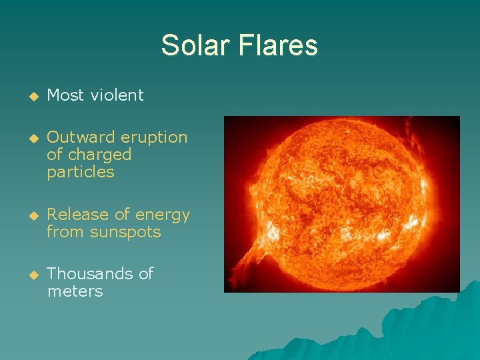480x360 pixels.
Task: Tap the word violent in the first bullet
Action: click(x=117, y=95)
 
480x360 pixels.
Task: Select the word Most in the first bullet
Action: click(x=66, y=95)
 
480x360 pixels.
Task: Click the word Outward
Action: click(x=81, y=137)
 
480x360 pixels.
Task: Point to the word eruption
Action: click(x=154, y=137)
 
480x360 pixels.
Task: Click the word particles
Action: click(x=81, y=172)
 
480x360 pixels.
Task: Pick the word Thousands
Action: click(x=91, y=274)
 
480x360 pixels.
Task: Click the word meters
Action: click(x=75, y=291)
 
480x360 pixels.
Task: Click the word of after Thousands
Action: click(x=145, y=274)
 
